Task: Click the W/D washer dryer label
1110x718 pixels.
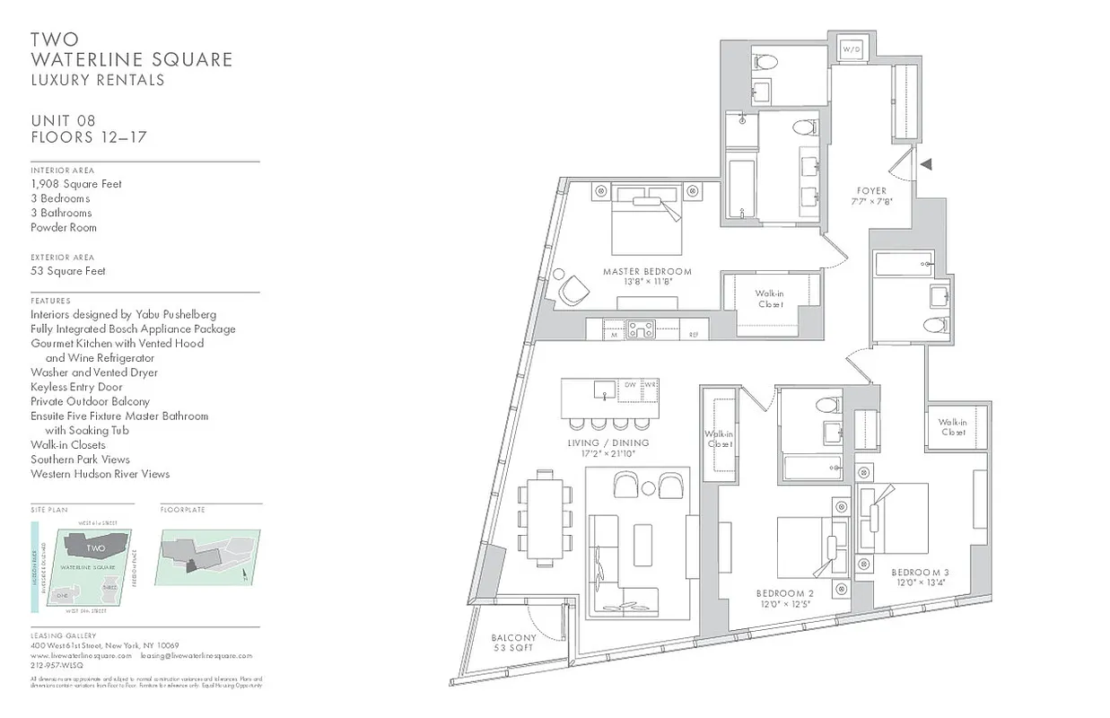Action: (849, 50)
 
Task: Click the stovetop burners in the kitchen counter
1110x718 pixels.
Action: (641, 329)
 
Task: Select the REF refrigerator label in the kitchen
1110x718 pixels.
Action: (694, 336)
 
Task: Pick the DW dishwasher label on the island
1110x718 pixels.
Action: (630, 385)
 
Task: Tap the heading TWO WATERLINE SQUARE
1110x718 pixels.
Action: (131, 49)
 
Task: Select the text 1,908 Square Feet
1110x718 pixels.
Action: (76, 184)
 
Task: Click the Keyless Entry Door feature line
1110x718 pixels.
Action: (76, 387)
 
